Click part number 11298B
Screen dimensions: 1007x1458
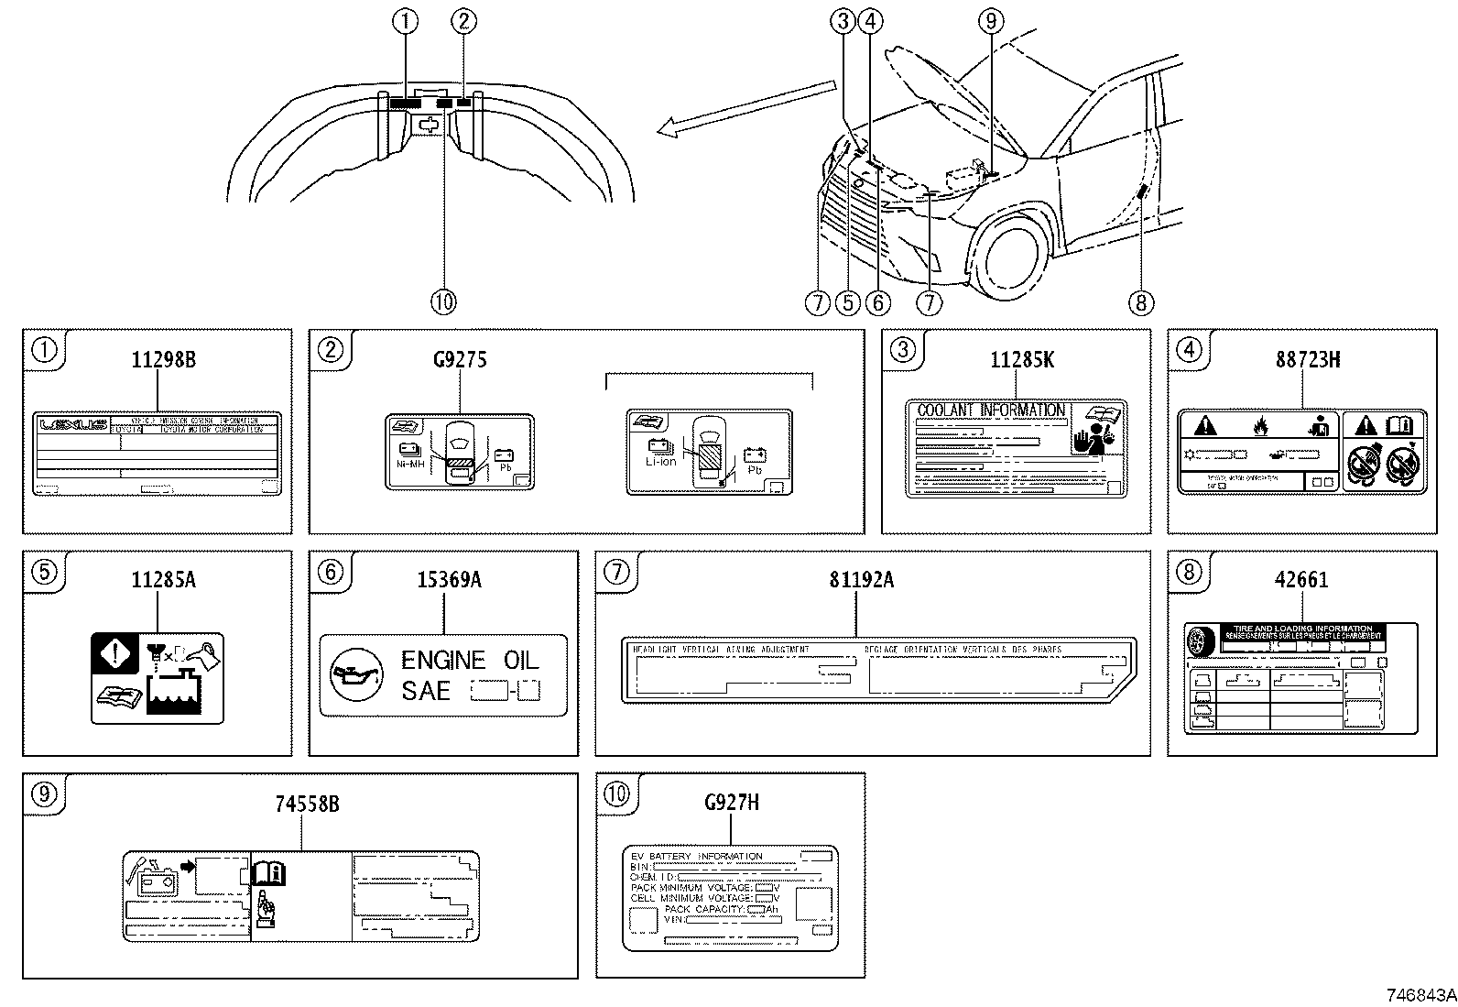coord(162,359)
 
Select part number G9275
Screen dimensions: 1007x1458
coord(459,359)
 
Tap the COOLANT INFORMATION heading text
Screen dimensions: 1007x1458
coord(991,410)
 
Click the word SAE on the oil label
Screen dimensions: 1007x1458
coord(426,690)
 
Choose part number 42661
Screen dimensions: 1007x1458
coord(1300,580)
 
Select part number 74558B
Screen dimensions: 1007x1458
coord(307,804)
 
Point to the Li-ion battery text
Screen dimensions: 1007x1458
coord(660,461)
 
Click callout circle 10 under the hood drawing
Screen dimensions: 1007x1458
coord(442,301)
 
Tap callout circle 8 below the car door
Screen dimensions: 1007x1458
coord(1139,301)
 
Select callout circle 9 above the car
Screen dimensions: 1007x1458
coord(990,20)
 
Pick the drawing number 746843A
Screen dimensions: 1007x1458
coord(1419,994)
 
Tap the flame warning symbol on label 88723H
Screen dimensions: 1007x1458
coord(1260,426)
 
